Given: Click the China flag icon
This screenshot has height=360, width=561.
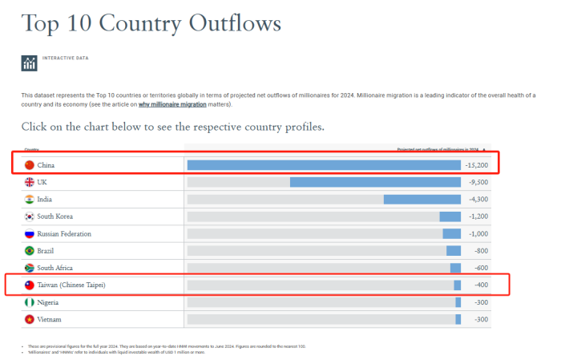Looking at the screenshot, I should click(30, 165).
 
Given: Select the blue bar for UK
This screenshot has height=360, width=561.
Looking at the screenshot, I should click(375, 182).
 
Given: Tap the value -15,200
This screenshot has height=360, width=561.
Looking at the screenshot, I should click(476, 165).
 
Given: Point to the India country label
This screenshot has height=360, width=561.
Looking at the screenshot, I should click(45, 200).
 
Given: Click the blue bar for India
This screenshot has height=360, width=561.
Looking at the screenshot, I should click(422, 200).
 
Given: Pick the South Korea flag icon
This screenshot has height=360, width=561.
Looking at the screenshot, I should click(30, 216).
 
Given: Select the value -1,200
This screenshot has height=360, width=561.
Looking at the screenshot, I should click(478, 216).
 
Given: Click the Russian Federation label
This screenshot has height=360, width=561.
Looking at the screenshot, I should click(64, 234).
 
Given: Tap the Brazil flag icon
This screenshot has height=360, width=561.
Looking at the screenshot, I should click(30, 251).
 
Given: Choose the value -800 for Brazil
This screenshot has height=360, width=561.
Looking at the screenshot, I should click(479, 251).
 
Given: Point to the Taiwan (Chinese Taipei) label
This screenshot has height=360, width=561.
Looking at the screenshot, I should click(71, 285).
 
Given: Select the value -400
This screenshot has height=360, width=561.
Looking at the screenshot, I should click(479, 285).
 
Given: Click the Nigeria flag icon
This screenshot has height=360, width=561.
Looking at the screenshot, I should click(30, 302).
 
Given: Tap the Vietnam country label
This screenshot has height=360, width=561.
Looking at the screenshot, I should click(49, 319).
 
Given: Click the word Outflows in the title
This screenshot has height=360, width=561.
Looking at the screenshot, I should click(234, 23).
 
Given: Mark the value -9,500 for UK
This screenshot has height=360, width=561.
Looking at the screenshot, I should click(477, 182).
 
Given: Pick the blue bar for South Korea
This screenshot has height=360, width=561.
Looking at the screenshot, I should click(450, 216).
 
